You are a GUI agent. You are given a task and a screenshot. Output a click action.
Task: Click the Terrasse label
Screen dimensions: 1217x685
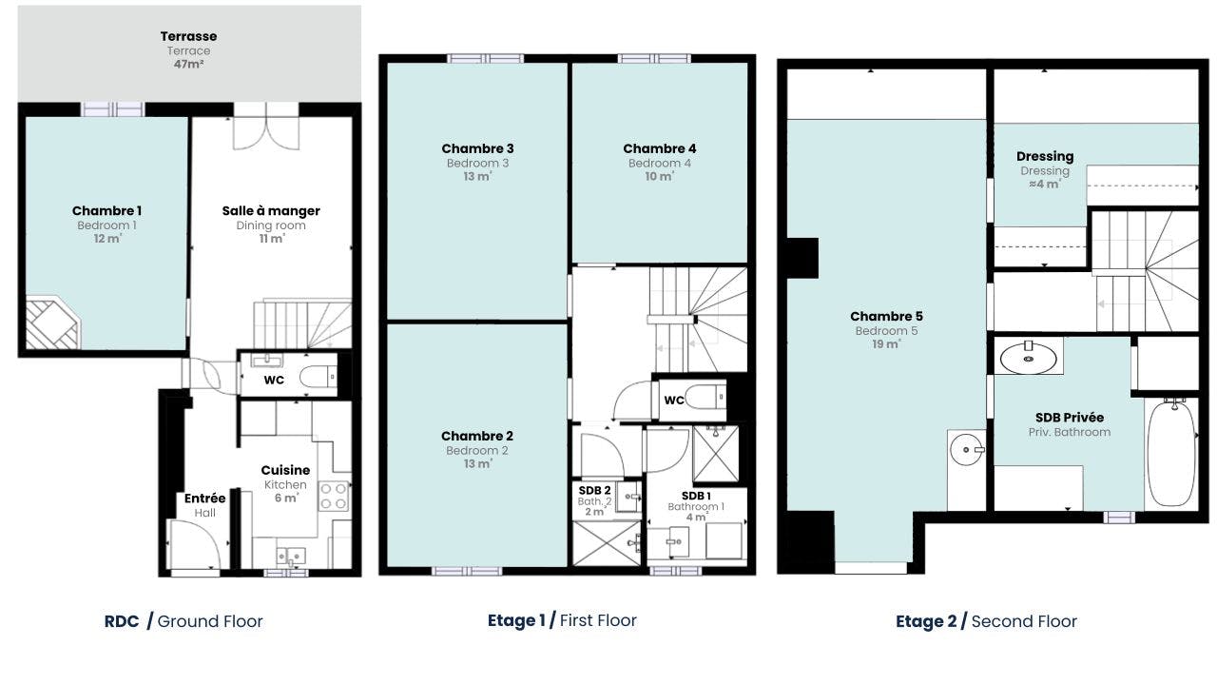pyautogui.click(x=188, y=36)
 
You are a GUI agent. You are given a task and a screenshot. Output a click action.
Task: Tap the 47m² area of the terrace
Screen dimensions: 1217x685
pyautogui.click(x=188, y=64)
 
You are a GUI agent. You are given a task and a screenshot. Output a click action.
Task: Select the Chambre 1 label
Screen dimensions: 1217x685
pyautogui.click(x=106, y=211)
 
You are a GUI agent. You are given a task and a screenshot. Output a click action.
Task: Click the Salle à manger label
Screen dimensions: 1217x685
pyautogui.click(x=271, y=211)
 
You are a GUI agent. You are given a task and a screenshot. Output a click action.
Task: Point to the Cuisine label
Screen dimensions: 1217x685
pyautogui.click(x=285, y=470)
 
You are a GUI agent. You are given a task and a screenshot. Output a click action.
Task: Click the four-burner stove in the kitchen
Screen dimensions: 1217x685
pyautogui.click(x=334, y=496)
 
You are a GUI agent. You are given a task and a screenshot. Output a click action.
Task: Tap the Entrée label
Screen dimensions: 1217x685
pyautogui.click(x=204, y=499)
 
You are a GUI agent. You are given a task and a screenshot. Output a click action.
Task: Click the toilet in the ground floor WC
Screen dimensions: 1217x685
pyautogui.click(x=319, y=376)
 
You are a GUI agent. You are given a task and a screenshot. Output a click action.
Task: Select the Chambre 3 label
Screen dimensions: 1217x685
pyautogui.click(x=477, y=148)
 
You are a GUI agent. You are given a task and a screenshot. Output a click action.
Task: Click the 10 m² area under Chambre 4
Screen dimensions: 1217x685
pyautogui.click(x=660, y=176)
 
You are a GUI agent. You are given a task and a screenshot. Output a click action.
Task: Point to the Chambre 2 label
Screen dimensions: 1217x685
pyautogui.click(x=477, y=436)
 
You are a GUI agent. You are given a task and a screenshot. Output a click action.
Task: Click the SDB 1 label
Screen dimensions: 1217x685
pyautogui.click(x=696, y=496)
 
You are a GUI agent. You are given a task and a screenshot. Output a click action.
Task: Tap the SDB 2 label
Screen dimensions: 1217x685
pyautogui.click(x=594, y=490)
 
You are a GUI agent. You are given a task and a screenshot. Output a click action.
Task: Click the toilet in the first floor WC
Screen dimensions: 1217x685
pyautogui.click(x=705, y=397)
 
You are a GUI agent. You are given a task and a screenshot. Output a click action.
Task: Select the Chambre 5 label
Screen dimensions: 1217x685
pyautogui.click(x=886, y=317)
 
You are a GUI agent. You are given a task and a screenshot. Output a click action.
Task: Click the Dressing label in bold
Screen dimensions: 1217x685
pyautogui.click(x=1045, y=157)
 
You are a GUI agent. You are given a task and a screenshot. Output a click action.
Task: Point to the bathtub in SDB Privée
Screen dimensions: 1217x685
pyautogui.click(x=1172, y=453)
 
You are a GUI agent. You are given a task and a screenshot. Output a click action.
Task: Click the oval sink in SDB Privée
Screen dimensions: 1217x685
pyautogui.click(x=1028, y=359)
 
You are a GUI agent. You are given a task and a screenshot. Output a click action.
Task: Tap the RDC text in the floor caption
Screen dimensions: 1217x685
pyautogui.click(x=121, y=621)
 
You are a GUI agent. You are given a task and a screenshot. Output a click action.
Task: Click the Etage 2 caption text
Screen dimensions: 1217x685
pyautogui.click(x=926, y=621)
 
